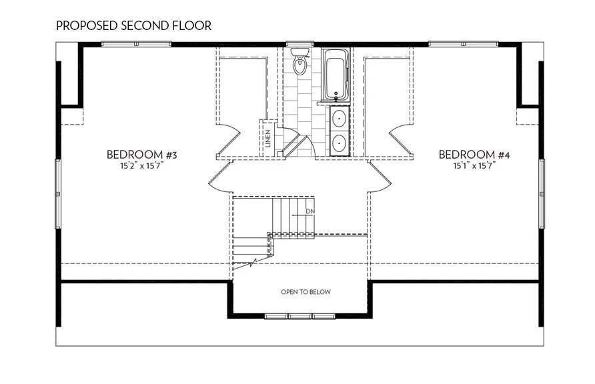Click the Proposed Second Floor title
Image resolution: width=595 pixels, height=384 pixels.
coord(134,26)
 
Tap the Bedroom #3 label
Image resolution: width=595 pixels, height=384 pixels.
coord(141,155)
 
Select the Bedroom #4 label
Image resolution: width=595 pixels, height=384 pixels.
coord(474,155)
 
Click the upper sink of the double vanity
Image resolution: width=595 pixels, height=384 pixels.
coord(340,119)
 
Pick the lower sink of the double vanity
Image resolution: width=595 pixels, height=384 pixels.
coord(340,142)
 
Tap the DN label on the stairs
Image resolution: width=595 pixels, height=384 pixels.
coord(310,212)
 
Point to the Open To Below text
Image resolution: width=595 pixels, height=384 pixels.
coord(306,292)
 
